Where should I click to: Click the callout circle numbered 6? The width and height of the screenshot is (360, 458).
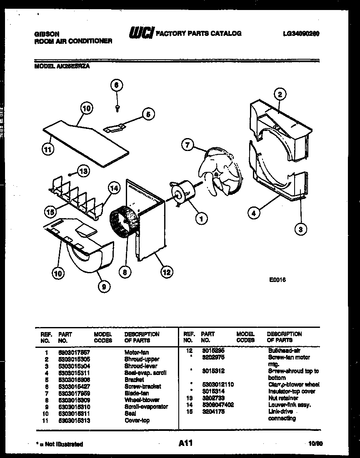pyautogui.click(x=117, y=85)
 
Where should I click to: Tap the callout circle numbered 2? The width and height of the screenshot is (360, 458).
pyautogui.click(x=280, y=94)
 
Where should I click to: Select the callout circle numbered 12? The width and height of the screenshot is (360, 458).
pyautogui.click(x=166, y=272)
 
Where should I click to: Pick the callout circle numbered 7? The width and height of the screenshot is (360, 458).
pyautogui.click(x=188, y=145)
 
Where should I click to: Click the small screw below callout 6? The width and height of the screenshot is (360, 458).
pyautogui.click(x=117, y=107)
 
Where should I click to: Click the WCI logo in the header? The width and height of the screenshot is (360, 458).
pyautogui.click(x=142, y=33)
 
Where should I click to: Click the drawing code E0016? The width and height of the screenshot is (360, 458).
pyautogui.click(x=277, y=280)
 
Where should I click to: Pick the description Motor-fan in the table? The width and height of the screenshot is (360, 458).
pyautogui.click(x=136, y=352)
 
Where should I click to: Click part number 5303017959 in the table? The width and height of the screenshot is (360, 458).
pyautogui.click(x=75, y=393)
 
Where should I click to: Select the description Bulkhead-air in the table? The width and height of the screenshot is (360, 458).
pyautogui.click(x=284, y=351)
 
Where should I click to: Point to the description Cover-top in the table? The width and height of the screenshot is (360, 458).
pyautogui.click(x=137, y=420)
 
